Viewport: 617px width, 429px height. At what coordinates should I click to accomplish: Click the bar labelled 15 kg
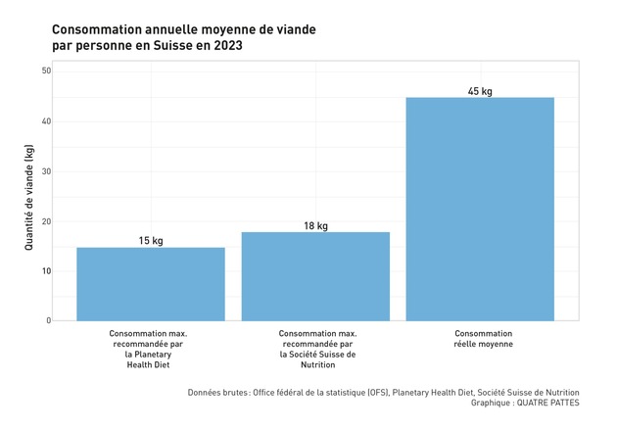[151, 284]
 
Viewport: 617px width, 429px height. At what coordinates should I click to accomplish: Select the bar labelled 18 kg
[315, 276]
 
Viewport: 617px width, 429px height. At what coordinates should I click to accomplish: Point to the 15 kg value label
[151, 241]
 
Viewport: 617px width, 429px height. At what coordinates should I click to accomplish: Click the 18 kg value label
[315, 226]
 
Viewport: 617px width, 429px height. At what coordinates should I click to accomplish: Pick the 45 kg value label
[480, 91]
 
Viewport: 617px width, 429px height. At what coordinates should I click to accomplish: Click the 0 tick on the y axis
[47, 320]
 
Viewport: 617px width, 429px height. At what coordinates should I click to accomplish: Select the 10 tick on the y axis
[45, 271]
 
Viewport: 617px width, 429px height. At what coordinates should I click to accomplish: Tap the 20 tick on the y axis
[45, 221]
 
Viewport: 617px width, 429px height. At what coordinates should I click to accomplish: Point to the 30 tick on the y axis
[45, 171]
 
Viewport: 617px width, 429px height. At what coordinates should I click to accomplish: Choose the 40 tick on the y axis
[45, 121]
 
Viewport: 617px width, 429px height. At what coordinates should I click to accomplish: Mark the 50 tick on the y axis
[45, 71]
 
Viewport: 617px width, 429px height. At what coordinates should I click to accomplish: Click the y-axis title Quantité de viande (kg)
[28, 196]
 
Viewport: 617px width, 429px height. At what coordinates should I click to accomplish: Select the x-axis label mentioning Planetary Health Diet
[148, 350]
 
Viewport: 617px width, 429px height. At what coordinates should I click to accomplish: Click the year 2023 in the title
[225, 46]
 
